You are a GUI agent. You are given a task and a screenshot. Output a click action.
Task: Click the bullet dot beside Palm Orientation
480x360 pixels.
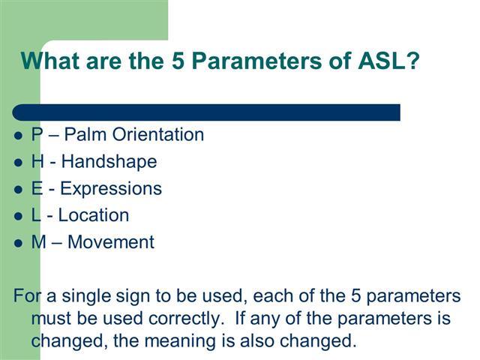(x=19, y=136)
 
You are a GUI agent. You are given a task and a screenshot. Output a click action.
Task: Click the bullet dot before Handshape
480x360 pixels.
(x=19, y=163)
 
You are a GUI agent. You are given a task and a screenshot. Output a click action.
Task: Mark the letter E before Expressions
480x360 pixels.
(x=36, y=189)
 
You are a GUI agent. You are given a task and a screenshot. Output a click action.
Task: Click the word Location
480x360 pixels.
(x=94, y=216)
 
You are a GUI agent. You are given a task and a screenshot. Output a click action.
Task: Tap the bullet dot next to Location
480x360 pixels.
(x=19, y=217)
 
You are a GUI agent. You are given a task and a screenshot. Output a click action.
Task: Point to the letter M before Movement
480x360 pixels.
(x=38, y=243)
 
